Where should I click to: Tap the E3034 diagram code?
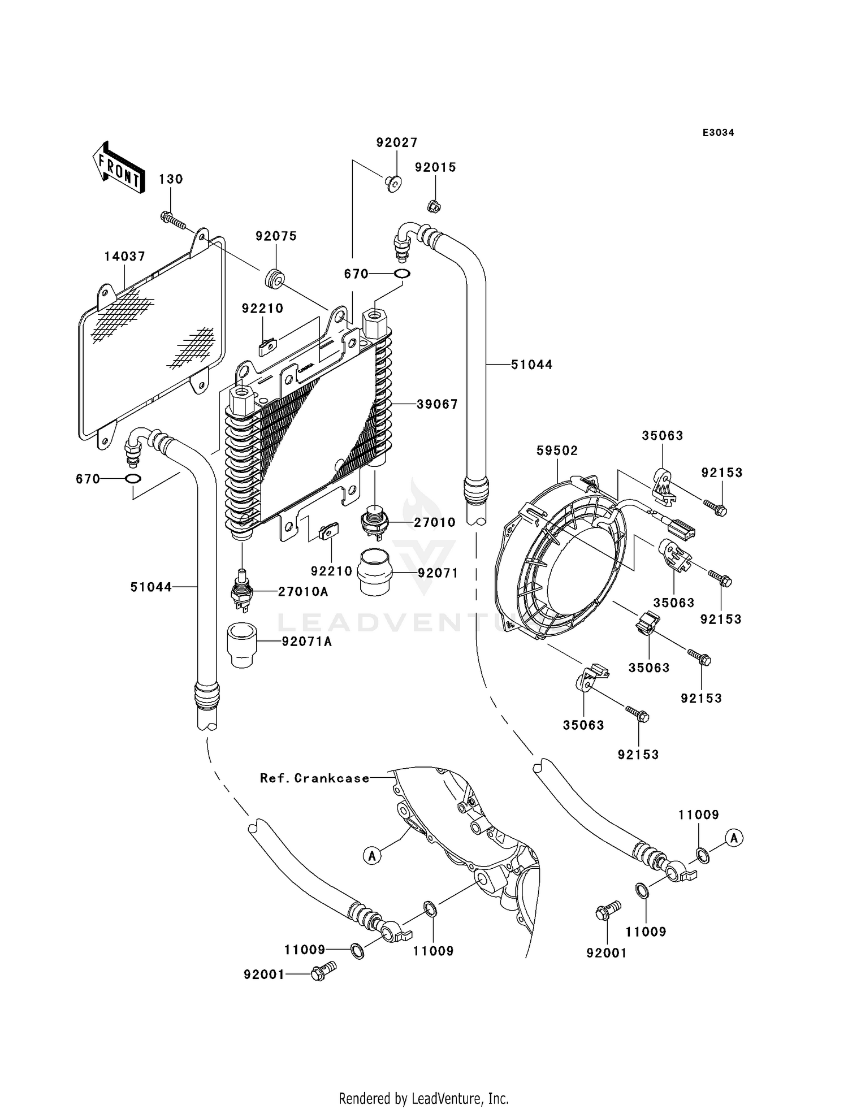coord(718,133)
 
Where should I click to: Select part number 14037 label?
coord(124,257)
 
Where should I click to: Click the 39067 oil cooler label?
coord(437,404)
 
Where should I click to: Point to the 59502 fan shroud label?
coord(557,450)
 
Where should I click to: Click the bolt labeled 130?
coord(173,220)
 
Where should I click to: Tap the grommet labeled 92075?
coord(275,279)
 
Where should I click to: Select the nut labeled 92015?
coord(434,206)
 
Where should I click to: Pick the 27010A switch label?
coord(302,592)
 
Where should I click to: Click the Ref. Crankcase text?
coord(314,778)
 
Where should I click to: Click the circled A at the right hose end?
coord(734,838)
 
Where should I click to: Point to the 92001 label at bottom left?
coord(263,975)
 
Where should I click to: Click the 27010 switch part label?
coord(434,522)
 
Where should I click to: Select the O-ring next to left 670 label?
coord(133,479)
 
